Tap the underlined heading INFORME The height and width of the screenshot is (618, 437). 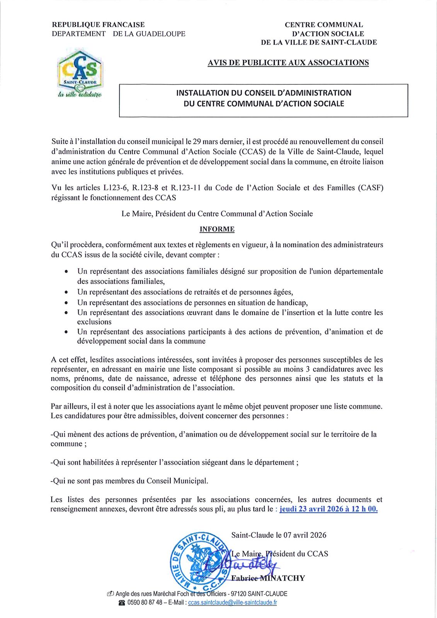[217, 229]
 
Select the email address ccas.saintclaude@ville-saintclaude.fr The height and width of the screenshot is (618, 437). [232, 603]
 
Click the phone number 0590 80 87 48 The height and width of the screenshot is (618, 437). [145, 603]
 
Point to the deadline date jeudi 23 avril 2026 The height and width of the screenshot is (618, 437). [311, 509]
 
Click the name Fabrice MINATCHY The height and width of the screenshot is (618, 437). [268, 578]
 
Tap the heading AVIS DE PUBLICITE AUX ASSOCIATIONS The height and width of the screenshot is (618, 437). [288, 63]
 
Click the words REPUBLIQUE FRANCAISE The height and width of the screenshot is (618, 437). [98, 25]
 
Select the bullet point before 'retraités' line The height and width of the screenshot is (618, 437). [67, 292]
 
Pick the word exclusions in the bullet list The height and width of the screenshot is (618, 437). [94, 322]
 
